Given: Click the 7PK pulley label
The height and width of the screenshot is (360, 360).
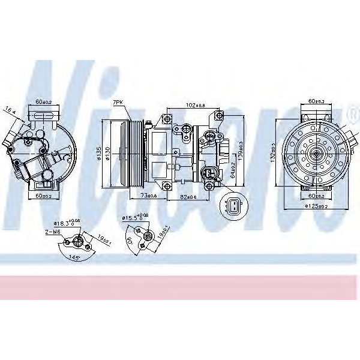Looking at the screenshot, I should click(119, 103).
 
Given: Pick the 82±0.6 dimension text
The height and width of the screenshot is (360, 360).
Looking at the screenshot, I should click(188, 197).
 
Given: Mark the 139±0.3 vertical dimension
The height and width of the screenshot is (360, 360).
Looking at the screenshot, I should click(240, 148).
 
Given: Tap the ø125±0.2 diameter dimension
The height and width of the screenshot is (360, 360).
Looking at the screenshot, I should click(314, 207).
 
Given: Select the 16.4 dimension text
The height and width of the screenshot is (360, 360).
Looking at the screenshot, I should click(10, 109).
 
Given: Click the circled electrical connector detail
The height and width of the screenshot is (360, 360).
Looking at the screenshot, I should click(232, 206).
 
